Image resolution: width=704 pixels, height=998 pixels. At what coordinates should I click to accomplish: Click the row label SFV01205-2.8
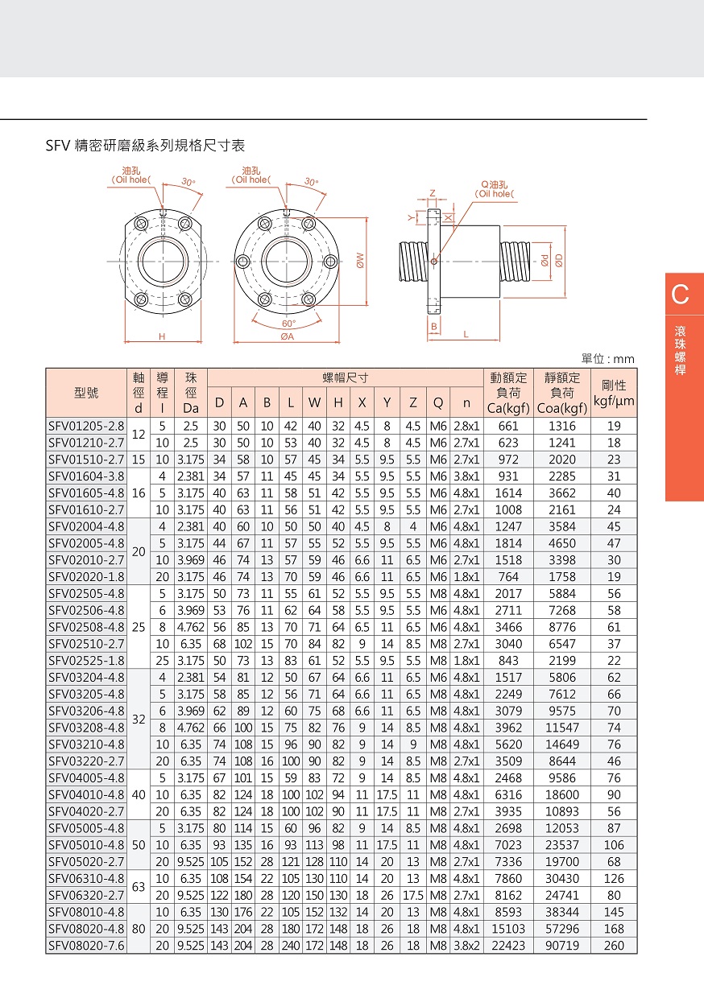click(x=87, y=426)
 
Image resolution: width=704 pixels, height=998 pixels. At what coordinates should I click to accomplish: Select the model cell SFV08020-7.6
click(x=87, y=946)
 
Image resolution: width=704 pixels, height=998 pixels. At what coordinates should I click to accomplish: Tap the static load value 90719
click(x=561, y=946)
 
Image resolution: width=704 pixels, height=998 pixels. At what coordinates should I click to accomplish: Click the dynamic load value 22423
click(x=507, y=946)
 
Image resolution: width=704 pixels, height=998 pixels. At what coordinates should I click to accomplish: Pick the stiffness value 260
click(x=614, y=946)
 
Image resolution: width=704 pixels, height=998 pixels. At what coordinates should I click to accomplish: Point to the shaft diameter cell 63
click(x=138, y=886)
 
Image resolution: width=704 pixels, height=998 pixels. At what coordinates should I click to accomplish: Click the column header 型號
click(x=86, y=393)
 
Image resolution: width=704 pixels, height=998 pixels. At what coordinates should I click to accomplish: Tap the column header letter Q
click(x=438, y=402)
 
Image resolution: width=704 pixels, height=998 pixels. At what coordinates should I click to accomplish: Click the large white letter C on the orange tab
click(x=681, y=295)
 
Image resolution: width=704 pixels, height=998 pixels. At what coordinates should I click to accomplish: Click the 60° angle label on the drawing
click(x=288, y=323)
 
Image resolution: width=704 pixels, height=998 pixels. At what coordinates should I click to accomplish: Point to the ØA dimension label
click(x=288, y=337)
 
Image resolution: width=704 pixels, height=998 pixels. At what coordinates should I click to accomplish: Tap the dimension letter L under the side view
click(x=466, y=333)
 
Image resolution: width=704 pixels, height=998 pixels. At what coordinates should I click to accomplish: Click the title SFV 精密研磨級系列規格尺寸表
click(x=145, y=146)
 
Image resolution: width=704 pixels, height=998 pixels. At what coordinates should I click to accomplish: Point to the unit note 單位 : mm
click(x=608, y=359)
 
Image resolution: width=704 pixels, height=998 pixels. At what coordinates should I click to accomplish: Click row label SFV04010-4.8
click(x=87, y=794)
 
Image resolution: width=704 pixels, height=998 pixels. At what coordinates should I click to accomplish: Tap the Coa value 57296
click(x=561, y=929)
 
